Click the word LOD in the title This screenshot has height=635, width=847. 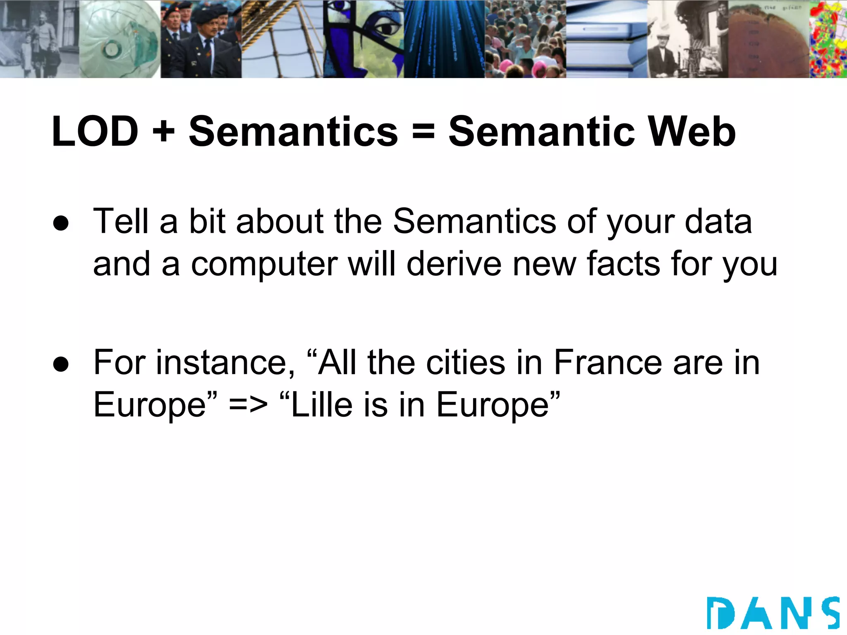(95, 131)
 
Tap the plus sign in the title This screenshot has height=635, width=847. (164, 131)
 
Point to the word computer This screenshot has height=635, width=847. (264, 265)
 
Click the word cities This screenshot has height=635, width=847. (466, 363)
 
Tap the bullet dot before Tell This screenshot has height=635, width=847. (61, 223)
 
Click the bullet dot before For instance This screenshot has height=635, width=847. (61, 364)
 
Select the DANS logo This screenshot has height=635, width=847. (773, 613)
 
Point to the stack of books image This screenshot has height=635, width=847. (606, 39)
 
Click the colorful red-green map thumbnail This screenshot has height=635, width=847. (828, 39)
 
